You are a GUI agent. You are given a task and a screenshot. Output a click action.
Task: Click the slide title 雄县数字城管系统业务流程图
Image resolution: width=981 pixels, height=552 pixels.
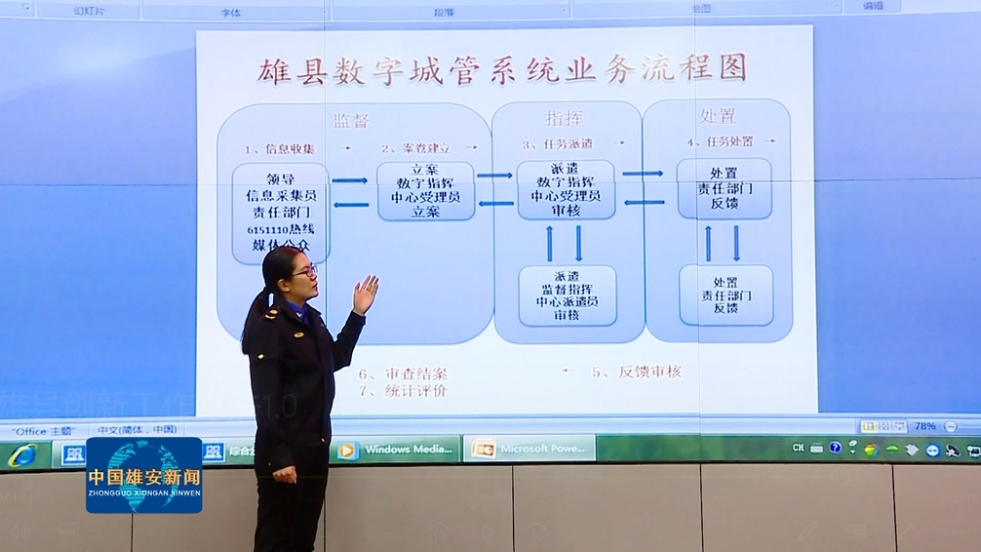tap(503, 69)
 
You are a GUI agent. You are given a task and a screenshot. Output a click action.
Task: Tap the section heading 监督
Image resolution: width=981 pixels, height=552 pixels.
tap(351, 120)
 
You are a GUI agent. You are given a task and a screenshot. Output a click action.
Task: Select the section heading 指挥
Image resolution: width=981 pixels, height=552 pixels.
tap(565, 118)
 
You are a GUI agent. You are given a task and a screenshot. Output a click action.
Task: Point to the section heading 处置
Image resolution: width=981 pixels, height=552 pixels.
tap(718, 116)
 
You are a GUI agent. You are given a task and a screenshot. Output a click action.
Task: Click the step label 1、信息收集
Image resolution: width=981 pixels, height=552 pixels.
tap(281, 149)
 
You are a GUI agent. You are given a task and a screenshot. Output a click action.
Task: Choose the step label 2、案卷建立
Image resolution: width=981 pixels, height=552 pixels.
tap(416, 149)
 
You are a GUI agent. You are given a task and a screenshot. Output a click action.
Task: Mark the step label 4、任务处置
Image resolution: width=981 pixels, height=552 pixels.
tap(720, 141)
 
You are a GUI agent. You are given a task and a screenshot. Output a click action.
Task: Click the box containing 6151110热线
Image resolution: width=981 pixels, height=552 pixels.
tap(280, 213)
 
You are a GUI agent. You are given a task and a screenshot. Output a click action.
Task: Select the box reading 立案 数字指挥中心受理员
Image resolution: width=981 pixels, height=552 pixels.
tap(425, 190)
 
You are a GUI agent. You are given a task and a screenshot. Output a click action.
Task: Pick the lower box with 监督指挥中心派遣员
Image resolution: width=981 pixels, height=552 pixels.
tap(567, 296)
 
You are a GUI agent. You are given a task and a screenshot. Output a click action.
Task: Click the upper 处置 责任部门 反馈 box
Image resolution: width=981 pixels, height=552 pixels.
tap(724, 187)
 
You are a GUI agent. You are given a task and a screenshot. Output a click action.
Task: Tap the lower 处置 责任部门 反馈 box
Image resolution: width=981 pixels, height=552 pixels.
tap(726, 295)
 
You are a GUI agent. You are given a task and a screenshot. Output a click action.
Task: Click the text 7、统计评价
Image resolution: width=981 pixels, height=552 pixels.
tap(402, 391)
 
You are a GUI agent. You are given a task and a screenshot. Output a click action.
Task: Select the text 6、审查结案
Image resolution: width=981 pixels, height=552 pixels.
tap(403, 374)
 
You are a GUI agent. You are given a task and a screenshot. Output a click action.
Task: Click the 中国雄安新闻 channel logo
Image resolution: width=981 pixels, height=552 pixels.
tap(144, 475)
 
